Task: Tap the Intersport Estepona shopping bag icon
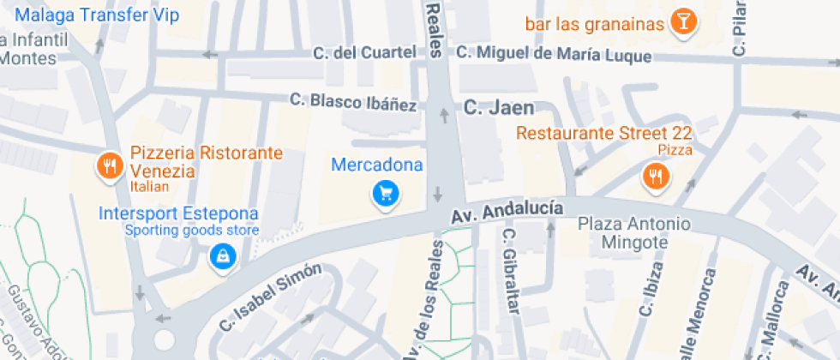click(223, 256)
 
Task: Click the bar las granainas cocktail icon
click(682, 23)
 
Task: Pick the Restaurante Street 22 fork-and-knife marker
click(656, 177)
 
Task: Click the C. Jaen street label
click(499, 108)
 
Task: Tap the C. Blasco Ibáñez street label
click(353, 103)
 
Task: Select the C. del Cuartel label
click(365, 53)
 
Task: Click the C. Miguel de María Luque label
click(554, 53)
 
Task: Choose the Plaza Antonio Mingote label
click(634, 233)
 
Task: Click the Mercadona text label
click(377, 165)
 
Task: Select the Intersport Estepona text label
click(179, 213)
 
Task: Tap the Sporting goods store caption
click(192, 230)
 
